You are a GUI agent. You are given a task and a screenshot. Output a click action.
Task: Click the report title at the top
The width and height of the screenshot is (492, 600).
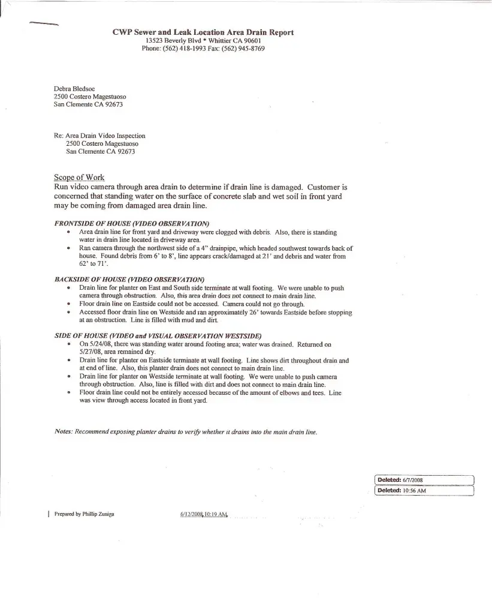click(x=203, y=32)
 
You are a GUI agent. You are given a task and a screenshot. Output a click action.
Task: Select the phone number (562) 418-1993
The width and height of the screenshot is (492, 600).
click(x=183, y=49)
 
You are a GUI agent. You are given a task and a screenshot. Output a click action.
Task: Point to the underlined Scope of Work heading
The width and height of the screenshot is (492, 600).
click(x=79, y=177)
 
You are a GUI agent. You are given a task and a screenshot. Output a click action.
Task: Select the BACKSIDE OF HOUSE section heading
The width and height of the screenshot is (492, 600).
click(x=129, y=280)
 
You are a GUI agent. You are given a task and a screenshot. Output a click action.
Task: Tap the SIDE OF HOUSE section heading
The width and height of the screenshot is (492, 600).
click(x=158, y=335)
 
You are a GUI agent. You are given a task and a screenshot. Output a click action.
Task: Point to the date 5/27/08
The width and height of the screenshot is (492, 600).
click(x=92, y=352)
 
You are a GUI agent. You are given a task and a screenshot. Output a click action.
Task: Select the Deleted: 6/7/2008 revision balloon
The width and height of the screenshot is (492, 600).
click(x=424, y=480)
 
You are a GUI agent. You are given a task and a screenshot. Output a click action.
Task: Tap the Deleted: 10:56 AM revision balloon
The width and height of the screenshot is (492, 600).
click(x=424, y=490)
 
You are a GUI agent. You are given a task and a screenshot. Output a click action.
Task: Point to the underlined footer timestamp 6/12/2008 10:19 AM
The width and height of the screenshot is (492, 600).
click(x=204, y=514)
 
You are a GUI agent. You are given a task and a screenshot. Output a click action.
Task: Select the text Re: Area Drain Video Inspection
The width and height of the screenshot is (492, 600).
click(x=99, y=136)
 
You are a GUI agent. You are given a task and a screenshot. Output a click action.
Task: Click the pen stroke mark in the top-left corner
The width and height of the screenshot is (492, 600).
click(x=43, y=24)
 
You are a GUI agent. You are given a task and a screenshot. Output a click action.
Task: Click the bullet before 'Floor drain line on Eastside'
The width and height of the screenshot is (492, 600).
click(x=70, y=304)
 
